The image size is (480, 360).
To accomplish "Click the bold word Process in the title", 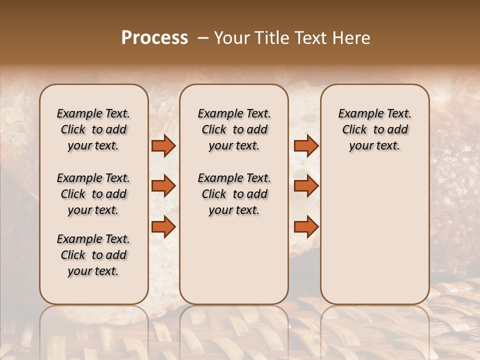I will tap(154, 38).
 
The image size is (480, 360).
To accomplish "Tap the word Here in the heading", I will tap(352, 38).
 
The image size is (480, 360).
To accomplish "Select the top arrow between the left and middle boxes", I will tap(163, 146).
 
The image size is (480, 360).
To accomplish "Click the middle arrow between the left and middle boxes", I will tap(163, 186).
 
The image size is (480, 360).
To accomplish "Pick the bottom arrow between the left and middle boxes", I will tap(163, 227).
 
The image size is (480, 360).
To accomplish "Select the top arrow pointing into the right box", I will tap(306, 146).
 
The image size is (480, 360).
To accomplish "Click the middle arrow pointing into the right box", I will tap(306, 186).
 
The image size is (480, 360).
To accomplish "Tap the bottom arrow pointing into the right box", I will tap(306, 227).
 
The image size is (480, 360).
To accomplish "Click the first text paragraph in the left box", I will tap(93, 129).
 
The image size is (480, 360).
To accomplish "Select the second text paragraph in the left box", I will tap(93, 194).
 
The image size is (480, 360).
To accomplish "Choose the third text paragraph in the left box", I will tap(93, 255).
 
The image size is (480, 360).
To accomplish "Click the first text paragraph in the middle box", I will tap(234, 129).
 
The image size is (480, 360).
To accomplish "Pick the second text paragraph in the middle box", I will tap(234, 194).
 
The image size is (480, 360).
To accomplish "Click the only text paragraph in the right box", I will tap(374, 129).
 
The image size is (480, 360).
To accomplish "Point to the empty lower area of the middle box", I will tap(234, 260).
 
